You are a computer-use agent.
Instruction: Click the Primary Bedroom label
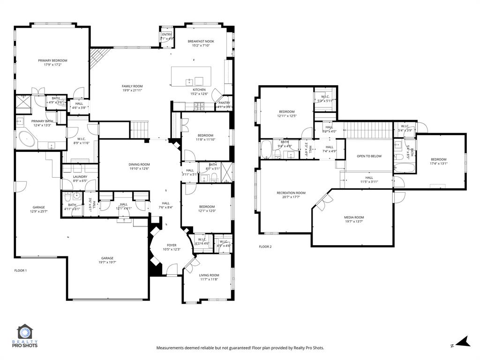click(x=52, y=60)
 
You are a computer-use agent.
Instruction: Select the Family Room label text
click(x=132, y=86)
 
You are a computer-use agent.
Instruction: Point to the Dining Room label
click(x=139, y=165)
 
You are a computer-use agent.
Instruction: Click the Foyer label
click(x=172, y=245)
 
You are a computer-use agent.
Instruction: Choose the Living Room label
click(x=209, y=275)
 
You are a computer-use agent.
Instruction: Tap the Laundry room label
click(x=80, y=177)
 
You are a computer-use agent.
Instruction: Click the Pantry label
click(x=224, y=103)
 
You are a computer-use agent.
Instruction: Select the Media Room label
click(x=354, y=217)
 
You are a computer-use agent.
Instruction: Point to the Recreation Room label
click(x=291, y=193)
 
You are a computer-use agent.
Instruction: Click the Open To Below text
click(x=369, y=156)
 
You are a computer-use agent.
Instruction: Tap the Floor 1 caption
click(x=21, y=270)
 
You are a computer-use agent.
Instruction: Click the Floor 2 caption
click(x=265, y=247)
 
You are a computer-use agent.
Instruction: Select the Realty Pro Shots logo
click(x=27, y=337)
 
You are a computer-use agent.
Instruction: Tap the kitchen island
click(x=191, y=75)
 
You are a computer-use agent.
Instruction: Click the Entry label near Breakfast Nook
click(x=167, y=35)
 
